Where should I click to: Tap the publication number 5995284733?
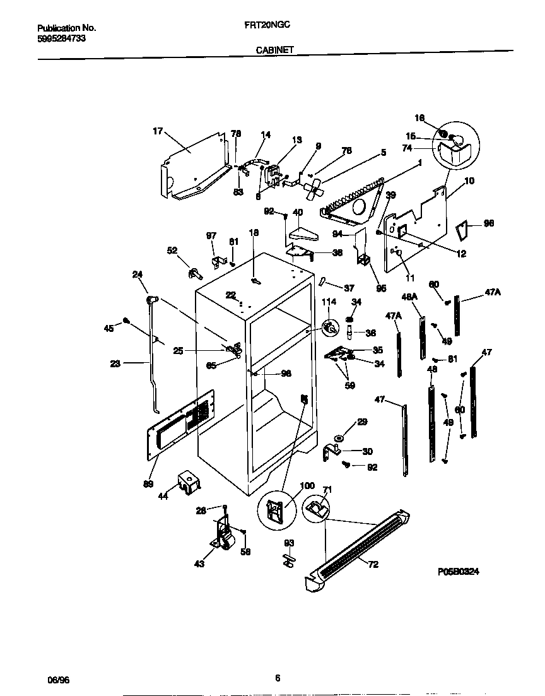point(62,38)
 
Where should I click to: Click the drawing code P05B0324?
point(459,572)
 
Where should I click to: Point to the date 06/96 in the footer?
point(57,679)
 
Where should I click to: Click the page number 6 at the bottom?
point(277,678)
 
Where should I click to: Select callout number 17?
point(158,131)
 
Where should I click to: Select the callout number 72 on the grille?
point(373,564)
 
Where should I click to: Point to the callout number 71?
point(327,490)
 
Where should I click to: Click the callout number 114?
point(329,302)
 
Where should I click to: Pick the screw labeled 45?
point(126,321)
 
